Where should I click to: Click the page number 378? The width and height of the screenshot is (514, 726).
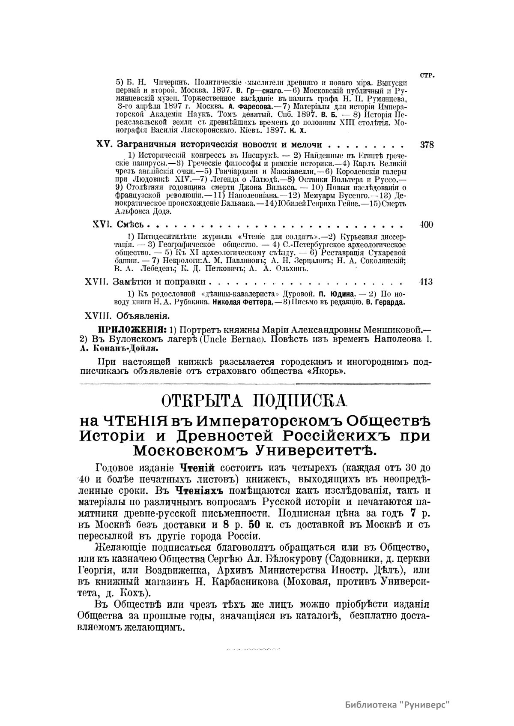click(x=427, y=145)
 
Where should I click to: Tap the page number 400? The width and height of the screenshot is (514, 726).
click(x=427, y=225)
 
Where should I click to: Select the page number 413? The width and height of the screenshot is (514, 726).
click(x=426, y=282)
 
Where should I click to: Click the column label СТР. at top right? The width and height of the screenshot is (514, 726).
click(x=427, y=75)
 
